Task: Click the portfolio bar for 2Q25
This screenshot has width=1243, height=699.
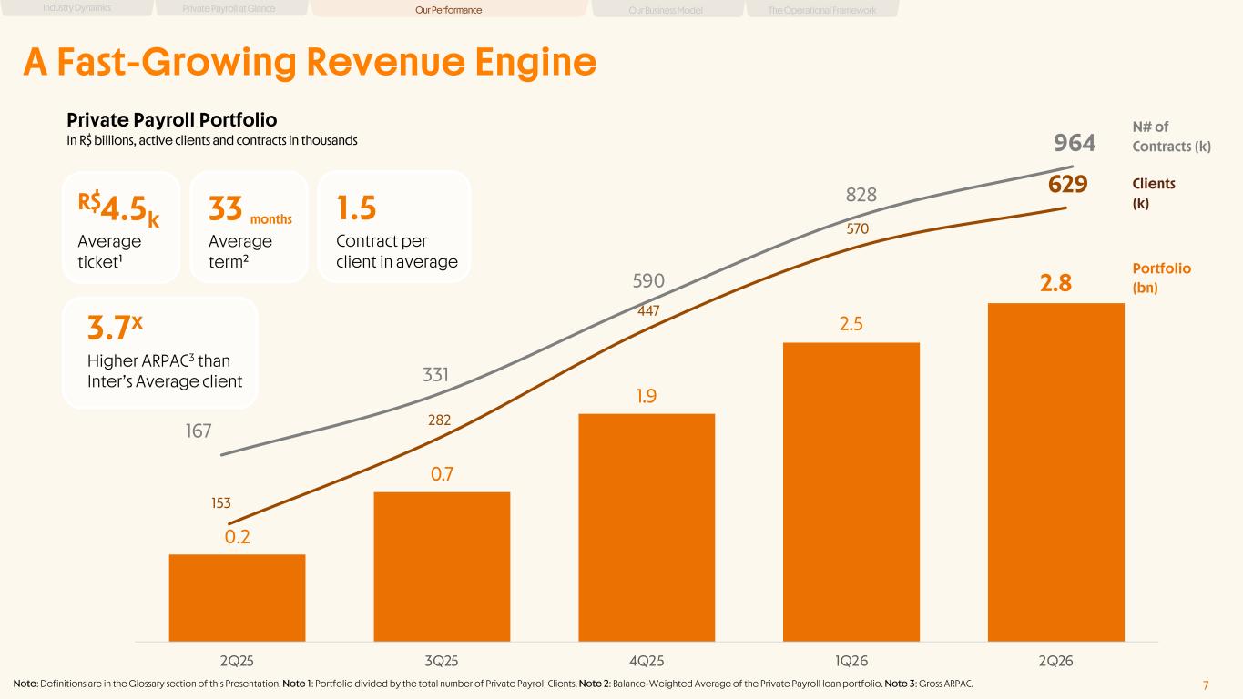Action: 237,597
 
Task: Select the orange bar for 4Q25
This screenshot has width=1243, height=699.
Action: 647,528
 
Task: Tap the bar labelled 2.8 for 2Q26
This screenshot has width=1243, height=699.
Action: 1056,472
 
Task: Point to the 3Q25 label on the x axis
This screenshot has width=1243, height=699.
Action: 442,661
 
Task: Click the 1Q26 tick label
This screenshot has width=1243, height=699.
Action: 851,661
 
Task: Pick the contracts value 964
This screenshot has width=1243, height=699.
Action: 1075,143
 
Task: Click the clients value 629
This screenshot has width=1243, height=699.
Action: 1067,184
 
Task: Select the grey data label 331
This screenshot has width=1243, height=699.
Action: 435,375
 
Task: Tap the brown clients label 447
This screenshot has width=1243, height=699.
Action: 648,310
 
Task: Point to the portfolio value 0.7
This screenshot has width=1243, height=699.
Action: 442,474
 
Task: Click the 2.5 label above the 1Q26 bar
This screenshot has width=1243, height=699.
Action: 851,324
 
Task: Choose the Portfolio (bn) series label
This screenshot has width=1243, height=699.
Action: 1161,278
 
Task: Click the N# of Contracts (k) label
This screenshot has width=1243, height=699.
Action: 1171,137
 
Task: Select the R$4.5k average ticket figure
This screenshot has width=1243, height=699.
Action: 118,209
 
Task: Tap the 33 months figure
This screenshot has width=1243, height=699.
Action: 250,209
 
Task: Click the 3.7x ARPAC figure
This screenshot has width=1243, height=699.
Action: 115,328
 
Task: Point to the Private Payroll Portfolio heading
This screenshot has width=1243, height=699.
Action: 171,120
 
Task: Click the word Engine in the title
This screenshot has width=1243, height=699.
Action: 535,62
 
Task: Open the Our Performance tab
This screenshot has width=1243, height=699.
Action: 448,9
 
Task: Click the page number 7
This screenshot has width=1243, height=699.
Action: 1206,685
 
